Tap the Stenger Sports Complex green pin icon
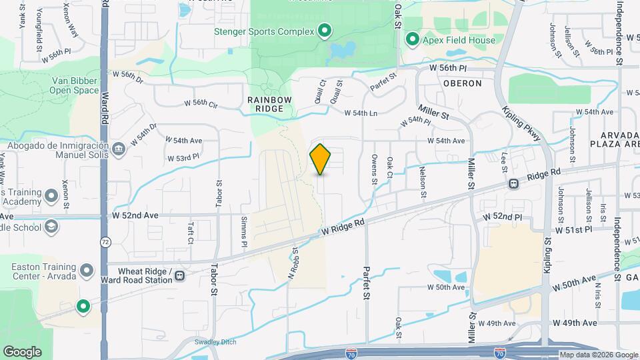[325, 30]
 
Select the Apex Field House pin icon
[412, 40]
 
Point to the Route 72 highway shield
[105, 243]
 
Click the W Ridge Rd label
[343, 228]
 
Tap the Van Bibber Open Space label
[75, 85]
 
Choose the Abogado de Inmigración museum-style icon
[119, 147]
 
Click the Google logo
[22, 352]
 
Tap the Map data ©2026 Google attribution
[598, 355]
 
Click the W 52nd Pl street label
[503, 217]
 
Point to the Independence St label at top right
[619, 33]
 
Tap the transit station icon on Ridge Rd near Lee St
[514, 183]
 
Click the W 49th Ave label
[575, 323]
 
